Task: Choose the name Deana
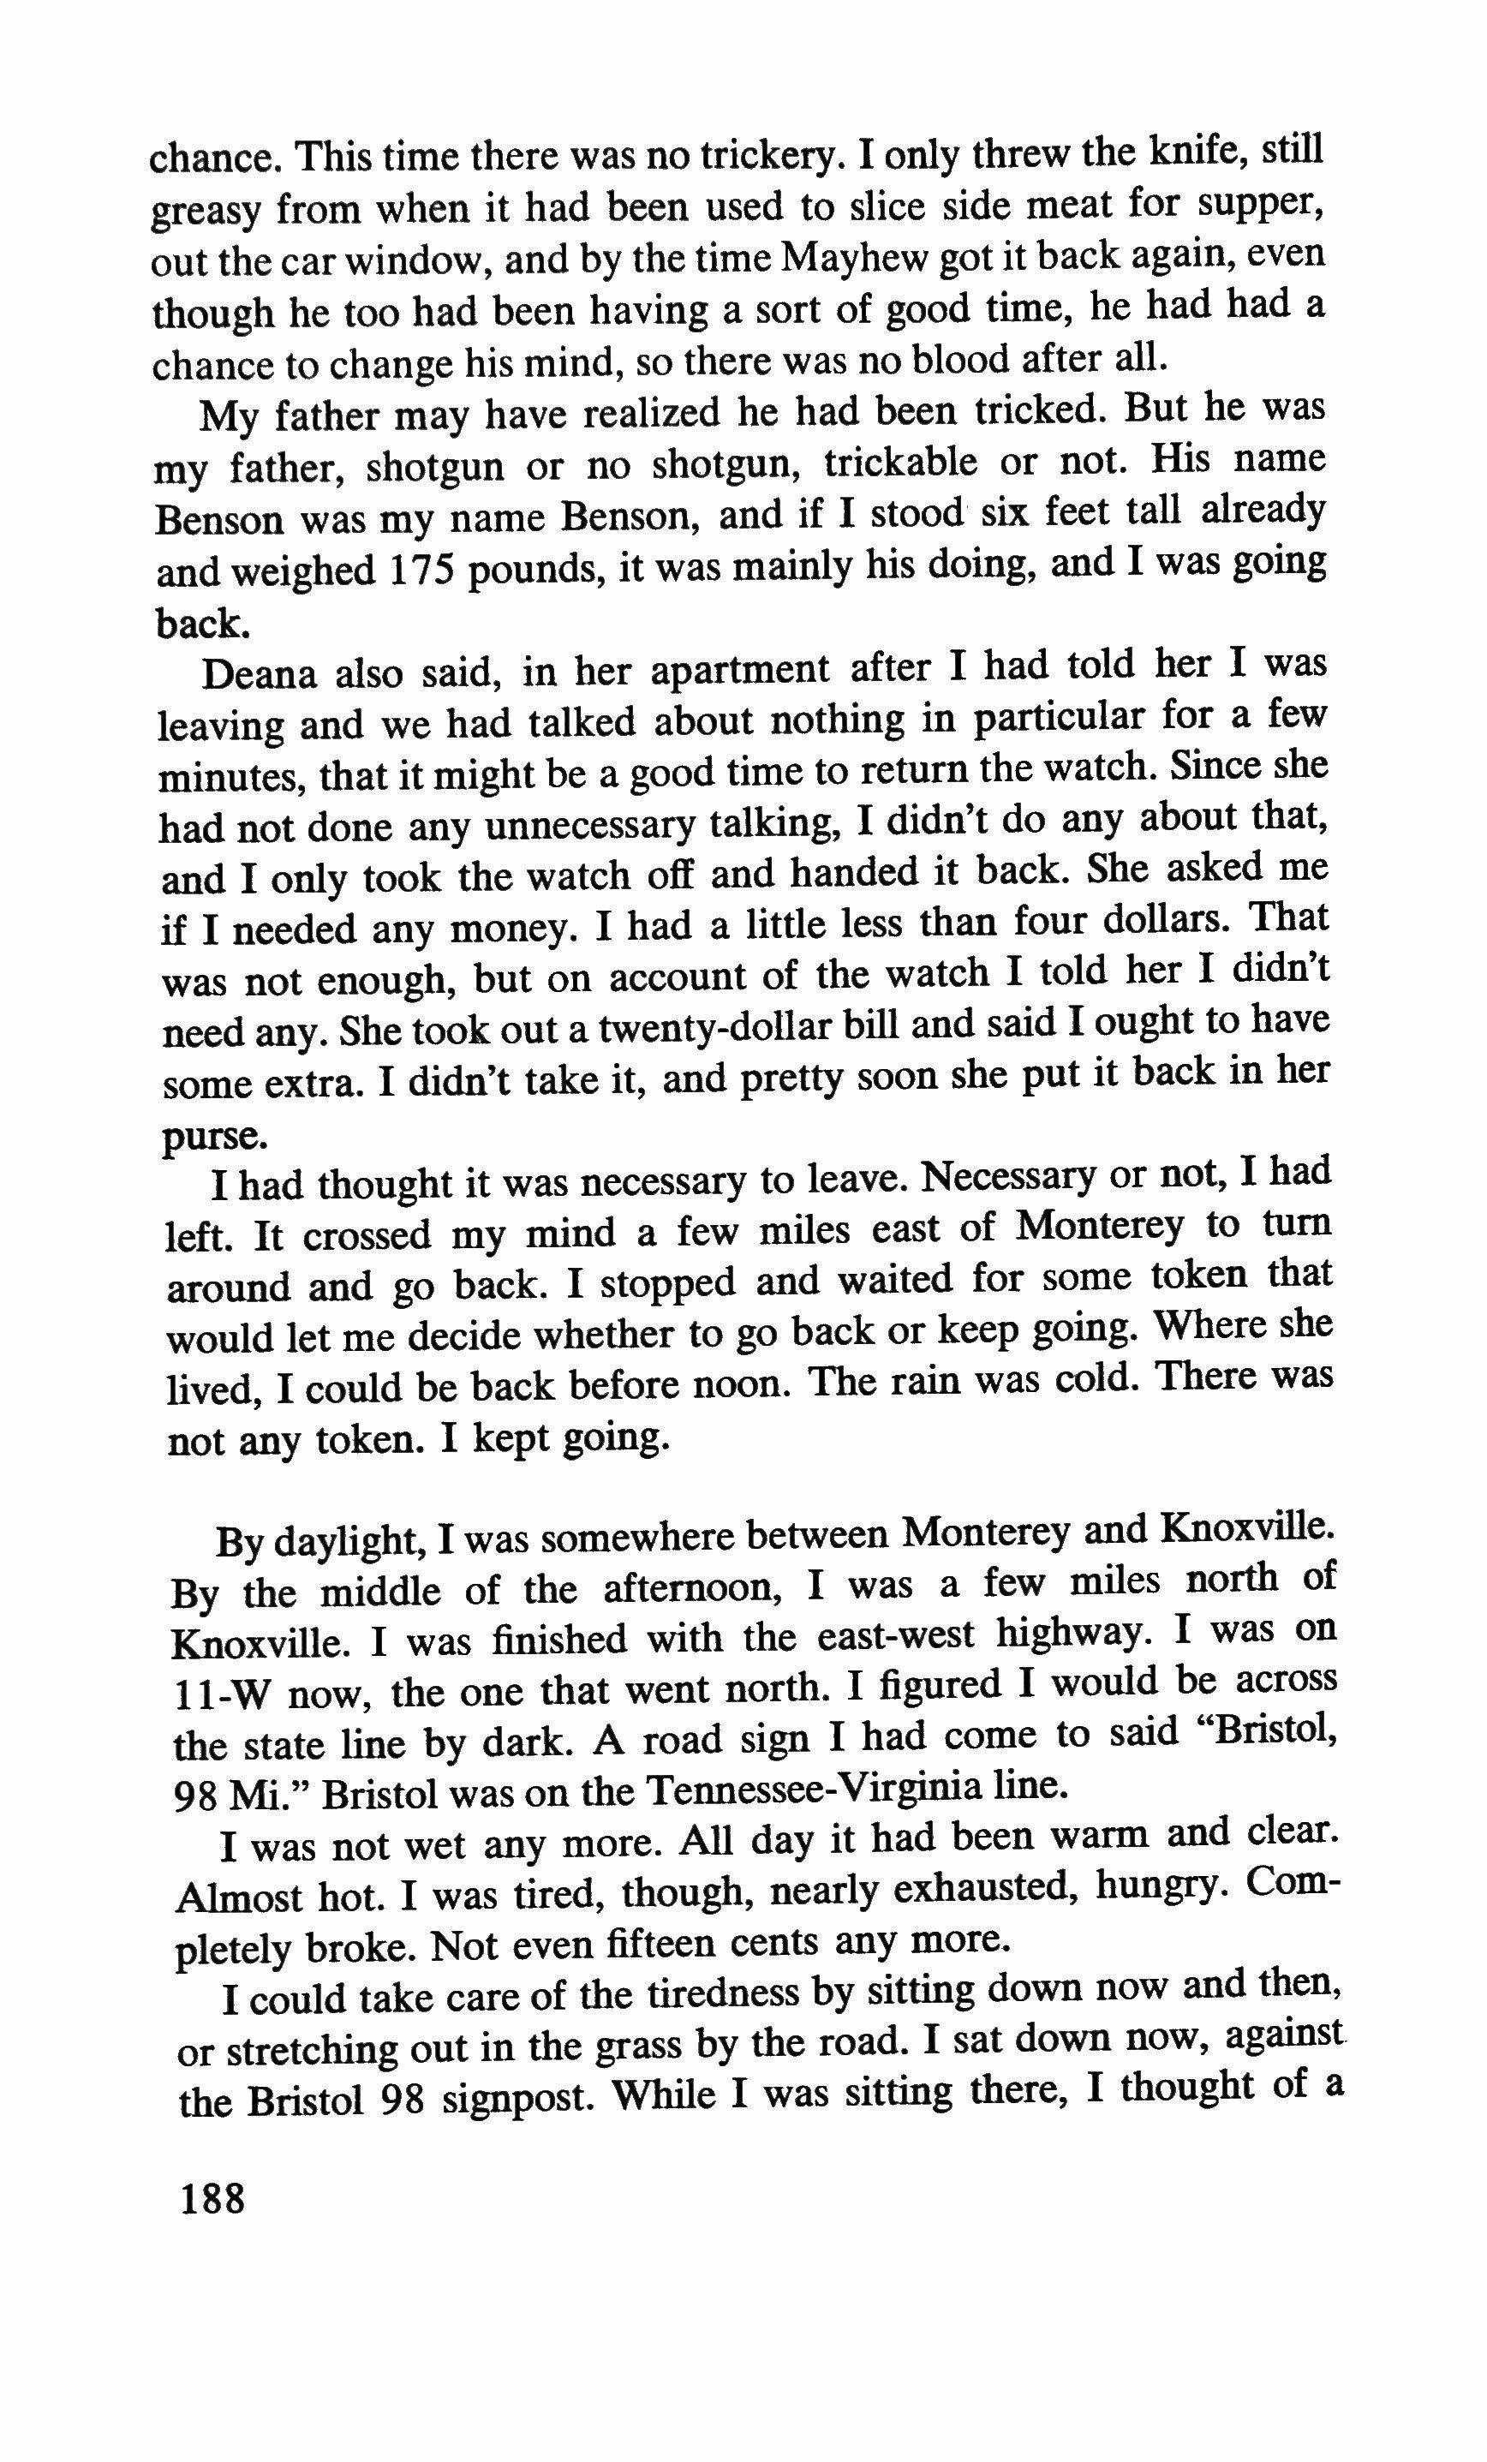258,674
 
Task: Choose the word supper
1261,205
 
